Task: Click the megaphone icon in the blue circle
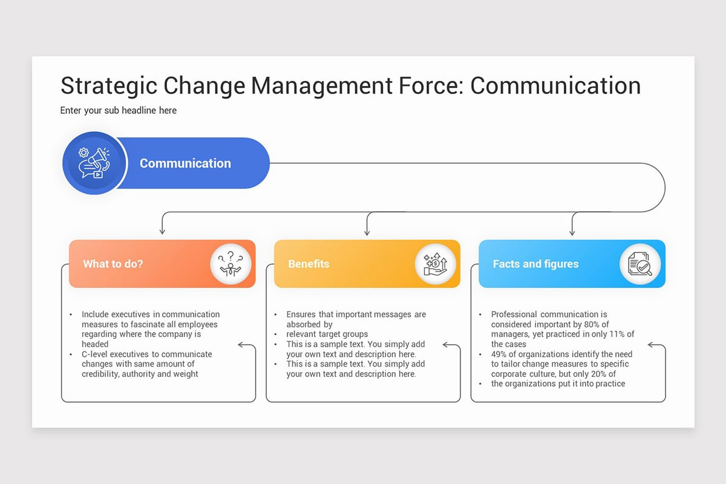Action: click(x=94, y=163)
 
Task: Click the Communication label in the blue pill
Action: click(x=185, y=163)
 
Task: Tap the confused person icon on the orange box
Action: click(x=231, y=264)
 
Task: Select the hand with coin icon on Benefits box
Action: click(x=436, y=264)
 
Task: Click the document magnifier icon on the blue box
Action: click(x=640, y=264)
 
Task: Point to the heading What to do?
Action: click(x=113, y=264)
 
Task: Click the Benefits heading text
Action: click(x=309, y=264)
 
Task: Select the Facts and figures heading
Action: click(x=535, y=264)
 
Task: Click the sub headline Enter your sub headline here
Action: click(x=119, y=110)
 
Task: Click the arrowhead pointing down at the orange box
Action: click(x=162, y=231)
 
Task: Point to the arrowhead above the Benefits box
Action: click(x=367, y=231)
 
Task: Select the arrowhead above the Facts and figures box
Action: click(x=572, y=231)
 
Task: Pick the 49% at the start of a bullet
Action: click(x=500, y=354)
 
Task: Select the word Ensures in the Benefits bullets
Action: click(x=302, y=315)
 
